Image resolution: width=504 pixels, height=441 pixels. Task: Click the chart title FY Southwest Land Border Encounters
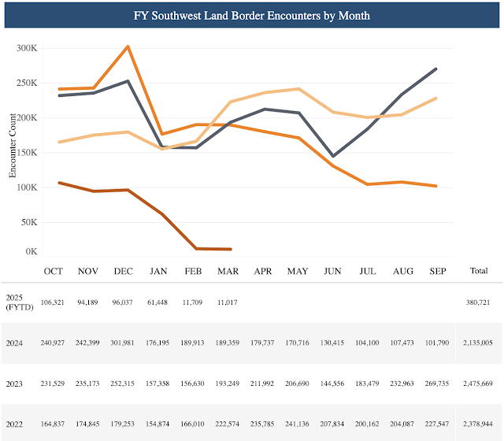pyautogui.click(x=251, y=15)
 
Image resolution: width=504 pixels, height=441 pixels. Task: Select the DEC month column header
pyautogui.click(x=123, y=271)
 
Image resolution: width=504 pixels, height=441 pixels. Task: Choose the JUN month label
pyautogui.click(x=332, y=271)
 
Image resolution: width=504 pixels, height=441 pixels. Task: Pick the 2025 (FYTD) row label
pyautogui.click(x=17, y=302)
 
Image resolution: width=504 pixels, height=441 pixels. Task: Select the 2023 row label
pyautogui.click(x=14, y=384)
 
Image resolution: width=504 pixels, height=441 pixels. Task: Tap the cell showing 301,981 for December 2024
pyautogui.click(x=123, y=343)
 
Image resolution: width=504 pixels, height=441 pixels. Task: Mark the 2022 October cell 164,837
pyautogui.click(x=53, y=425)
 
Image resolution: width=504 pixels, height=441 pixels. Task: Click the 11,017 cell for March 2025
pyautogui.click(x=228, y=302)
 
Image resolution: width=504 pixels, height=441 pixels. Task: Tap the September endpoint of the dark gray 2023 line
pyautogui.click(x=436, y=69)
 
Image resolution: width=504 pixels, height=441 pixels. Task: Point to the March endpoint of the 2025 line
pyautogui.click(x=230, y=249)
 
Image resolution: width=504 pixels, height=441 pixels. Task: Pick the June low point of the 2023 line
pyautogui.click(x=333, y=156)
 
